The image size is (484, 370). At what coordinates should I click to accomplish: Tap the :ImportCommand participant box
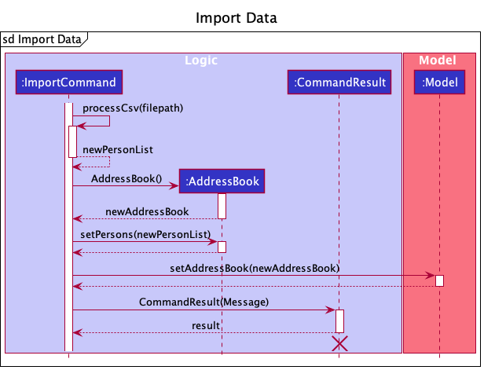pyautogui.click(x=68, y=82)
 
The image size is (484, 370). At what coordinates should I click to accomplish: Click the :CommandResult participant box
pyautogui.click(x=339, y=82)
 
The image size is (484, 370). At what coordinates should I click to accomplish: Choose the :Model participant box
pyautogui.click(x=439, y=82)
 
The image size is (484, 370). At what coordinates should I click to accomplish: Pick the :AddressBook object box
pyautogui.click(x=222, y=181)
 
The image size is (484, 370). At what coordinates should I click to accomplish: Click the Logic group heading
pyautogui.click(x=201, y=60)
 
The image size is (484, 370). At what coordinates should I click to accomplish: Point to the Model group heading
pyautogui.click(x=437, y=60)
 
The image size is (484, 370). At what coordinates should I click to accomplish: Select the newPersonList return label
pyautogui.click(x=118, y=150)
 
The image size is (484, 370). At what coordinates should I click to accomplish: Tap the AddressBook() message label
pyautogui.click(x=126, y=179)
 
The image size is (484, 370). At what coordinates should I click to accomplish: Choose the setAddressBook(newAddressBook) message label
pyautogui.click(x=255, y=268)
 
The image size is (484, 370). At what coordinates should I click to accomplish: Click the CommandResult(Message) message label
pyautogui.click(x=203, y=302)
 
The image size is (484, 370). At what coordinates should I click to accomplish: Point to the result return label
pyautogui.click(x=206, y=325)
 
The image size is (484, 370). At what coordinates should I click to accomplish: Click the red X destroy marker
pyautogui.click(x=339, y=343)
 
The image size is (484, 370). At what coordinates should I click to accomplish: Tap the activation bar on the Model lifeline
pyautogui.click(x=439, y=280)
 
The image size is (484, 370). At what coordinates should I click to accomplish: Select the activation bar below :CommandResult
pyautogui.click(x=339, y=321)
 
